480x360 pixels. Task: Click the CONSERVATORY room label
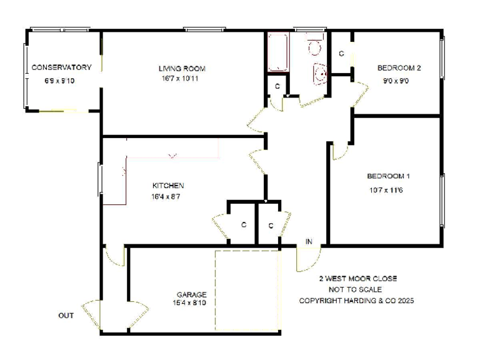[61, 67]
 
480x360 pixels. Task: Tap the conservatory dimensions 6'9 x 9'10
[59, 81]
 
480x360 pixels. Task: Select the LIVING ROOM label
[181, 68]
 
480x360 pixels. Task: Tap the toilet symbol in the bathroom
[314, 46]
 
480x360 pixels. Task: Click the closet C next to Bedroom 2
[341, 54]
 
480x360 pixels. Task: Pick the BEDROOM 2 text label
[399, 68]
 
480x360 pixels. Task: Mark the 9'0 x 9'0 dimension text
[397, 81]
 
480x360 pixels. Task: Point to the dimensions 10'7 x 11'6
[385, 190]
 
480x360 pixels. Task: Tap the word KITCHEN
[168, 186]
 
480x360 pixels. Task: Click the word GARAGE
[191, 294]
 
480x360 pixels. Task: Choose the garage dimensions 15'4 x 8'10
[191, 304]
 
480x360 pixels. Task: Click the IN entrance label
[309, 242]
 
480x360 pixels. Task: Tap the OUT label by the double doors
[66, 316]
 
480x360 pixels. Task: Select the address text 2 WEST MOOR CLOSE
[357, 279]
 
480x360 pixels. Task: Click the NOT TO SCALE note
[355, 289]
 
